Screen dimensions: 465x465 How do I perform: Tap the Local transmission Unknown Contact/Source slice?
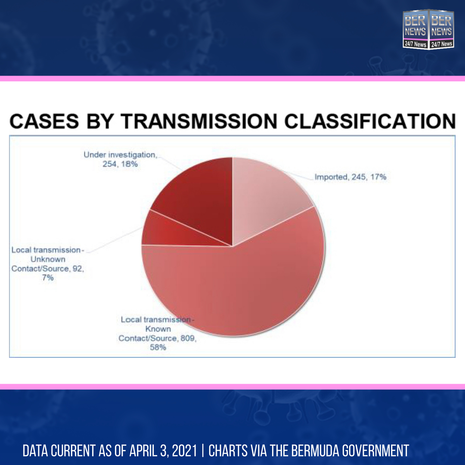[x=166, y=231]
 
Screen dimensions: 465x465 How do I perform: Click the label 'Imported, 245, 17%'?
[x=350, y=177]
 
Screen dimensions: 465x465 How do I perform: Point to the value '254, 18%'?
[x=120, y=164]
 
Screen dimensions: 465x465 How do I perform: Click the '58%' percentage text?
[x=158, y=347]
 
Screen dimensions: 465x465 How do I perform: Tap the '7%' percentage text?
[x=48, y=278]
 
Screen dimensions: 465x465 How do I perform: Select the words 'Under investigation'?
[x=120, y=155]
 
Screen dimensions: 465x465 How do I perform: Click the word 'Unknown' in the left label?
[x=48, y=259]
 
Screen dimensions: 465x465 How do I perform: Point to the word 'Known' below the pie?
[x=158, y=329]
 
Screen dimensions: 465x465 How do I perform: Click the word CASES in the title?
[x=44, y=121]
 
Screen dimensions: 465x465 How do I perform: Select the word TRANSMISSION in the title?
[x=198, y=121]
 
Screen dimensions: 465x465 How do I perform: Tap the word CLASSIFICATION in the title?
[x=370, y=121]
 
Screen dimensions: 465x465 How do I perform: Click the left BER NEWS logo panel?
[x=415, y=29]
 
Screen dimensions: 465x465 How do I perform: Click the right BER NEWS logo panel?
[x=442, y=29]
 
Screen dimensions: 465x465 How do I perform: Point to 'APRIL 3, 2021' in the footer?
[x=163, y=451]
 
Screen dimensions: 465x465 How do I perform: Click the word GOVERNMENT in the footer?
[x=375, y=451]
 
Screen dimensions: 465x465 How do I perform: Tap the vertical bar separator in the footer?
[x=203, y=451]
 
